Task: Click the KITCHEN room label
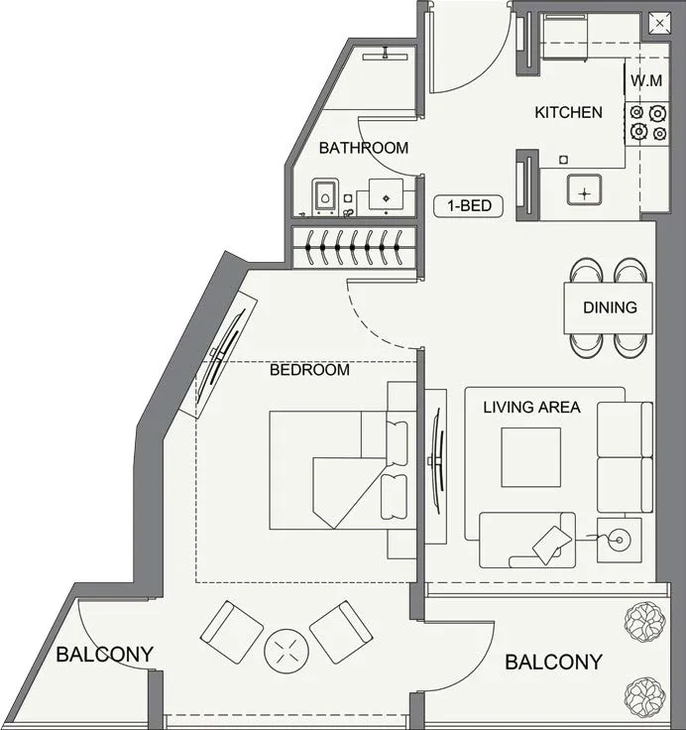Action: (568, 112)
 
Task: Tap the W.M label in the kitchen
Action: (646, 79)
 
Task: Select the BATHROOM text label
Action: (363, 148)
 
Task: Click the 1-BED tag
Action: (469, 206)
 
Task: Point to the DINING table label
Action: (610, 307)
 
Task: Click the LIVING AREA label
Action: (531, 407)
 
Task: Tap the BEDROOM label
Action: (309, 370)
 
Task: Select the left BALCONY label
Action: (104, 655)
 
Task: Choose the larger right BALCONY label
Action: (553, 663)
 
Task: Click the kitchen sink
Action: (584, 188)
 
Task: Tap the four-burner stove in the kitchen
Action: (646, 121)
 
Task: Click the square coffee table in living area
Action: (530, 457)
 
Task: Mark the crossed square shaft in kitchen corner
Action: (658, 23)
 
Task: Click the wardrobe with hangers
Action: (353, 247)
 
